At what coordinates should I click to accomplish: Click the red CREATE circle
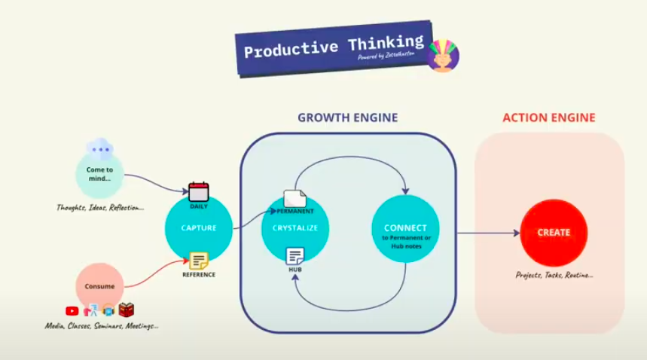point(554,232)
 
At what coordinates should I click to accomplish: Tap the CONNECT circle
point(404,229)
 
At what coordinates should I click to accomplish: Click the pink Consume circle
point(99,286)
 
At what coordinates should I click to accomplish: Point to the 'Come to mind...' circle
point(99,173)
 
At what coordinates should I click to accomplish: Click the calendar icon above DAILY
point(199,191)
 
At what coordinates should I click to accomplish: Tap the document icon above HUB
point(295,256)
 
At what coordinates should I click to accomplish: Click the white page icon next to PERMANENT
point(295,199)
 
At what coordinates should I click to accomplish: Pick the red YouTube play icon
point(72,310)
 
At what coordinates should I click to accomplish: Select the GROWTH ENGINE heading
point(347,117)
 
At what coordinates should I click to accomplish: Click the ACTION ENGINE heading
point(549,117)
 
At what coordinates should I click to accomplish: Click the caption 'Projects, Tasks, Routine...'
point(554,275)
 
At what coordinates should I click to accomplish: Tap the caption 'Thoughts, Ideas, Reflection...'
point(99,207)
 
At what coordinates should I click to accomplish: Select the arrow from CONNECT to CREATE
point(486,232)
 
